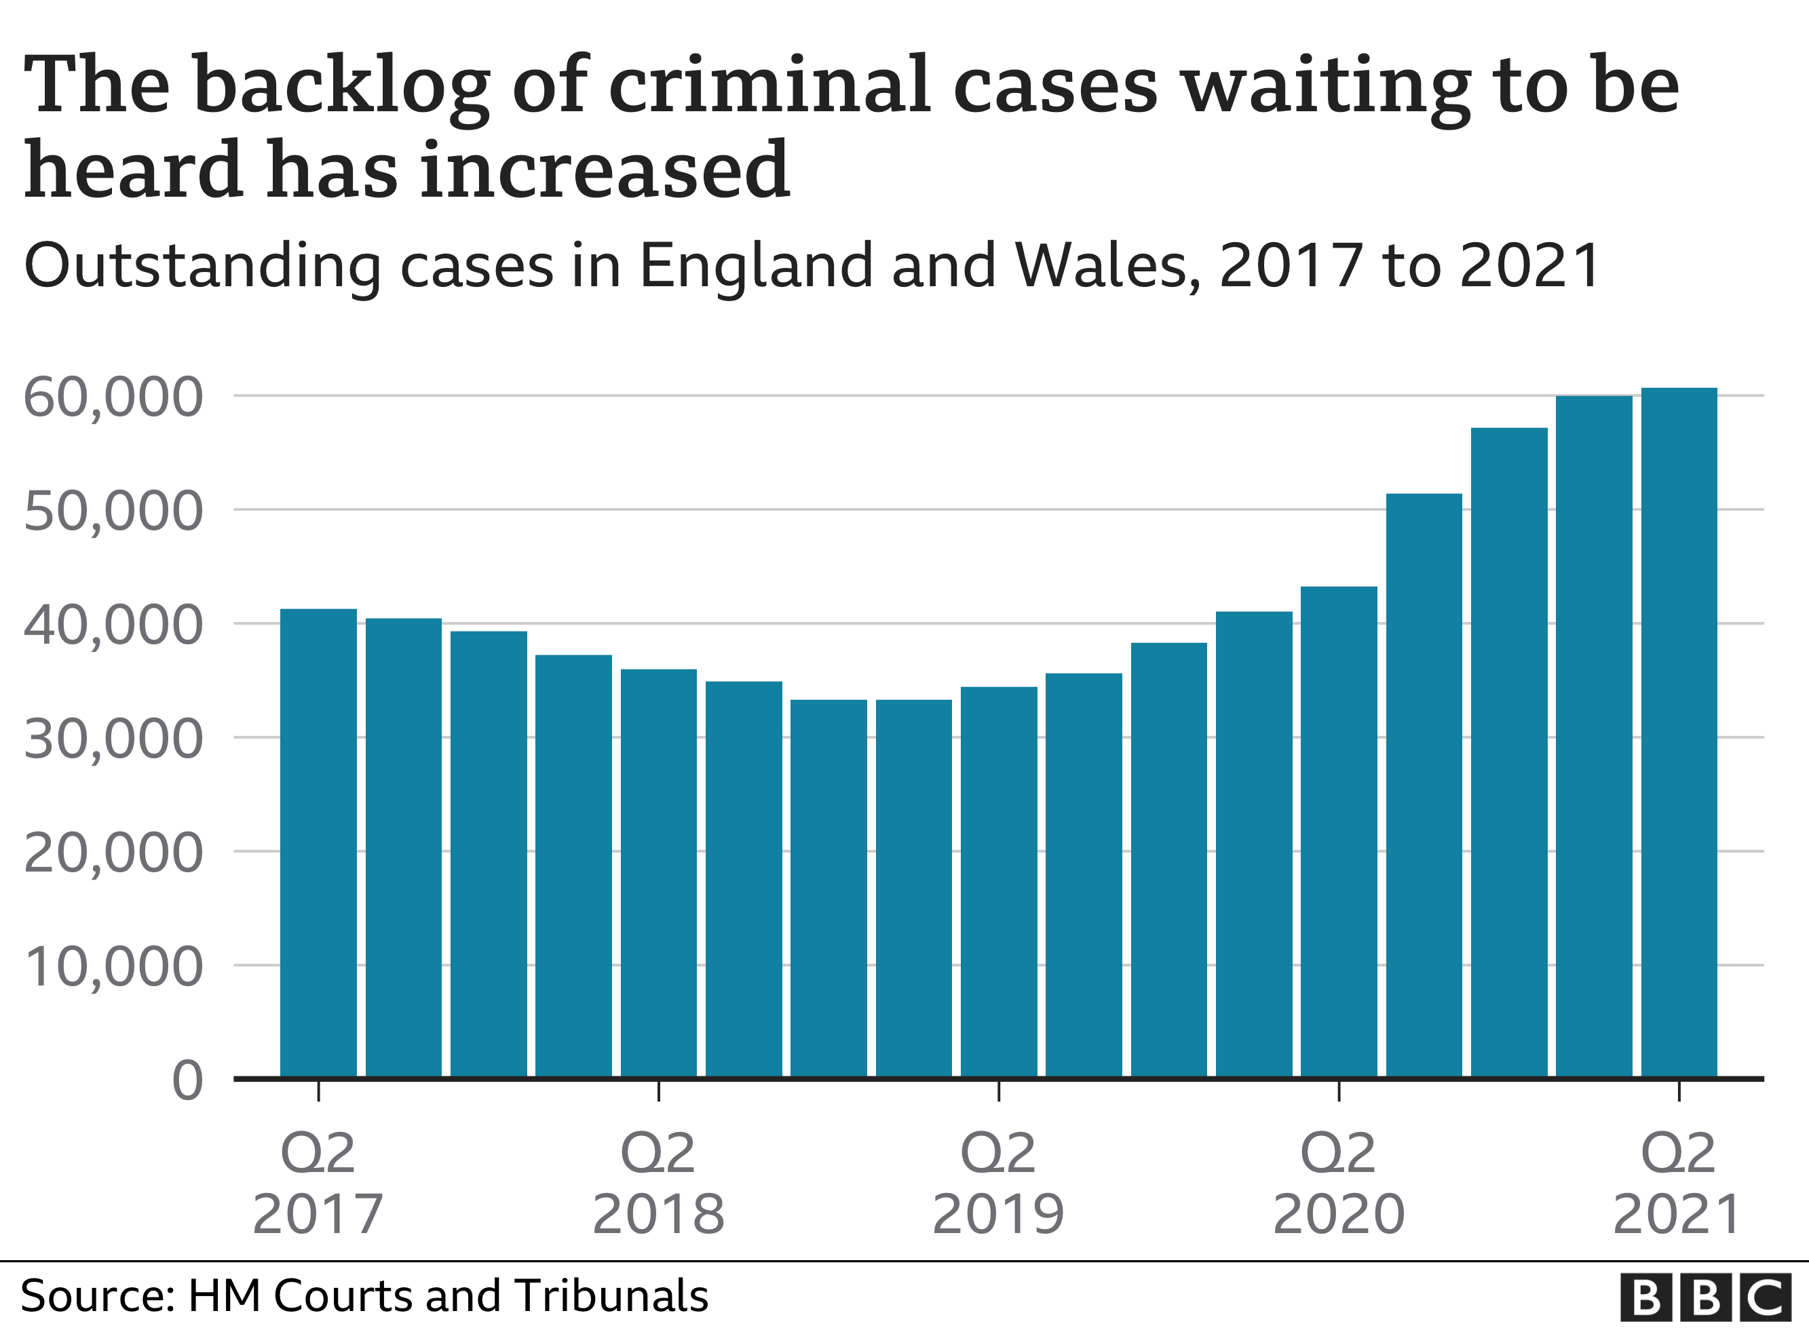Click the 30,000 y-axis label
pos(113,739)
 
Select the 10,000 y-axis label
pos(113,967)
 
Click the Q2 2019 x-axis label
pos(999,1184)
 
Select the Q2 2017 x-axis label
pos(318,1184)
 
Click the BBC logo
pos(1705,1297)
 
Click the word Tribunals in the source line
pos(612,1296)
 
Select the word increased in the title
pos(605,170)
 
